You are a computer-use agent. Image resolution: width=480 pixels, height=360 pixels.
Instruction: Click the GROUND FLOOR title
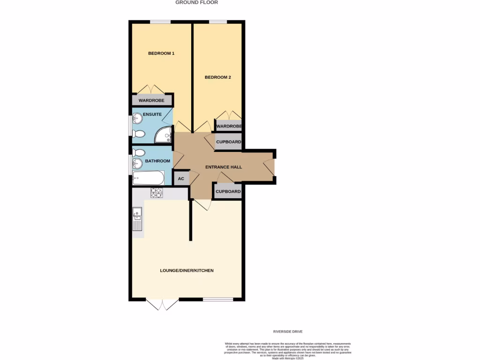[196, 2]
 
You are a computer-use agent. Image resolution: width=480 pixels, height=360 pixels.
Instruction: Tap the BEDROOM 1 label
[161, 53]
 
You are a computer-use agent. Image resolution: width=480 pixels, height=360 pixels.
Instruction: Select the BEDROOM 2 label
[218, 77]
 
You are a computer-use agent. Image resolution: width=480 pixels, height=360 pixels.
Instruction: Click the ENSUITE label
[152, 114]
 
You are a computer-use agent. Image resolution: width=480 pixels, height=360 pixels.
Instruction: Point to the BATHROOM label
[157, 161]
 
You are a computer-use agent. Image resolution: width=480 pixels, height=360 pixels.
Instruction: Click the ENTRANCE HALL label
[224, 167]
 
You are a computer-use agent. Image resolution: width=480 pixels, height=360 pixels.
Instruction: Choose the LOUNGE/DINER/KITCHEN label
[187, 270]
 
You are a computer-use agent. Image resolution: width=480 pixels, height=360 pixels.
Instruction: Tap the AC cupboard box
[181, 179]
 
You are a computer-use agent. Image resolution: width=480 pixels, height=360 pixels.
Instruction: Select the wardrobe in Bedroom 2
[229, 126]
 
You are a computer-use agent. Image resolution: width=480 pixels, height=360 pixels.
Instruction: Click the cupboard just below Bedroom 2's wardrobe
[229, 142]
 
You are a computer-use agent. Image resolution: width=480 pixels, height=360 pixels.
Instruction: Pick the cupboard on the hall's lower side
[228, 191]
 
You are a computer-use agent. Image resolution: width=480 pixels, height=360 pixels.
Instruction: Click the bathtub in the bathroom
[149, 178]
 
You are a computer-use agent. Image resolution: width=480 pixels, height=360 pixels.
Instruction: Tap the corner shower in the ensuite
[164, 135]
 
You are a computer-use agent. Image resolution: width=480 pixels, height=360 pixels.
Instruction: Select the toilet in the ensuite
[138, 134]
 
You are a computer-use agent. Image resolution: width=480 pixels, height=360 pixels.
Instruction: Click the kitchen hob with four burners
[156, 193]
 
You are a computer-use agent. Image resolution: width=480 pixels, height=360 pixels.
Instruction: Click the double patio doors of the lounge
[162, 305]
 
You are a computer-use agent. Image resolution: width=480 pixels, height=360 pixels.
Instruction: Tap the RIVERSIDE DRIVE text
[288, 331]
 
